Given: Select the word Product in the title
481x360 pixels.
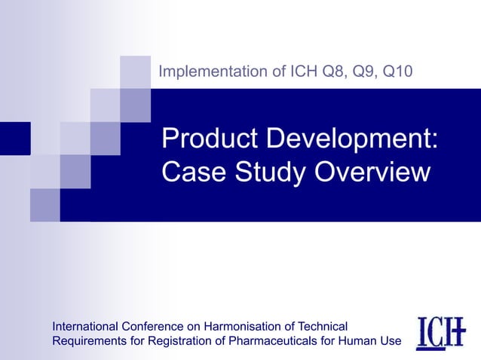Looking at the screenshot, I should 206,140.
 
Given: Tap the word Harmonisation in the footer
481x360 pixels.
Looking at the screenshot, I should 240,326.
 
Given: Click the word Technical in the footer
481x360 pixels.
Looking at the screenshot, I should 321,326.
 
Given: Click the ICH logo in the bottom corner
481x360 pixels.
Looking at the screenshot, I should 442,333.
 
